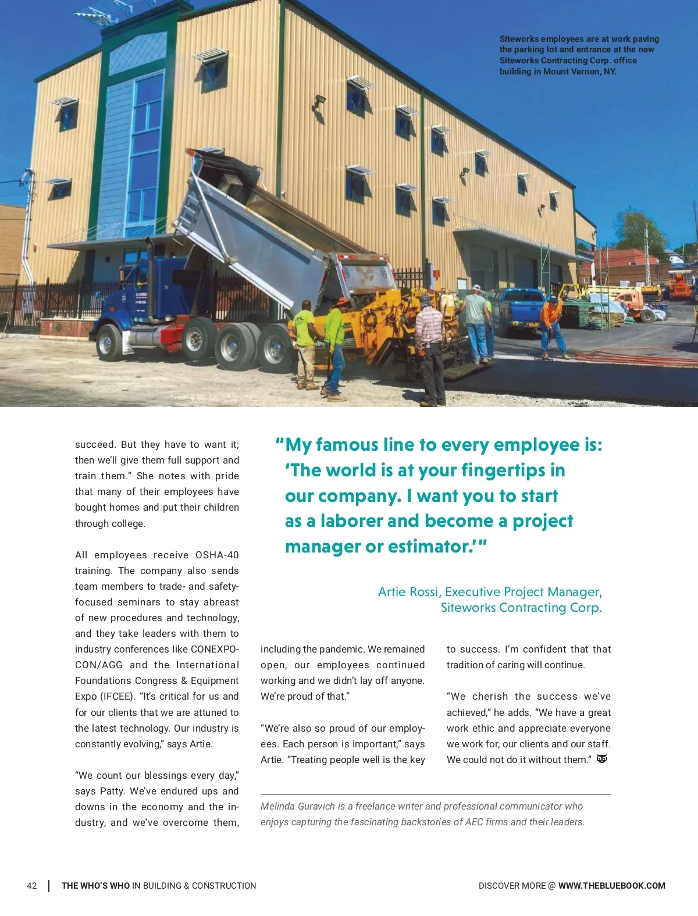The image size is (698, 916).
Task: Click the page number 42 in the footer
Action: pos(32,886)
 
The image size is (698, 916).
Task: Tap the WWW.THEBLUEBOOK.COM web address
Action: pos(611,886)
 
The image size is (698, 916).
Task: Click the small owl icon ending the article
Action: pos(602,759)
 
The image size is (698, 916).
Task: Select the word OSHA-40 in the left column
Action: pos(217,555)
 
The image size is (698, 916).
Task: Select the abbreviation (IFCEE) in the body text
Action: pos(118,696)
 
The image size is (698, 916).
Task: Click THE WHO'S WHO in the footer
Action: pos(95,886)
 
